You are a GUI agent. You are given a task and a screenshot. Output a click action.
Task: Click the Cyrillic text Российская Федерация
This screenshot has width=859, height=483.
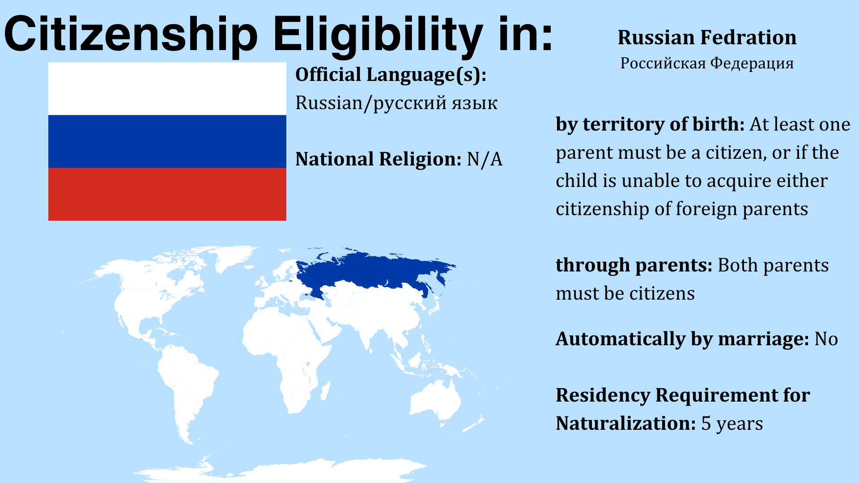click(x=707, y=63)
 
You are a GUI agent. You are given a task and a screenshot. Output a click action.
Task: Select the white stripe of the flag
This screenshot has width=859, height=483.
click(x=167, y=89)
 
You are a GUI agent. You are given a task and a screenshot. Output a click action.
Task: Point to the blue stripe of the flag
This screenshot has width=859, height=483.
click(x=167, y=141)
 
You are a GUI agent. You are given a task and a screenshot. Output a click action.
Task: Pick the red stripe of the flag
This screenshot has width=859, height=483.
click(x=167, y=194)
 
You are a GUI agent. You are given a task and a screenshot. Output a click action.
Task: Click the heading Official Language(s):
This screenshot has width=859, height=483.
click(x=391, y=75)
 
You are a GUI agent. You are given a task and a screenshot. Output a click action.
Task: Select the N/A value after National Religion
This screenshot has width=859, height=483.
click(x=485, y=159)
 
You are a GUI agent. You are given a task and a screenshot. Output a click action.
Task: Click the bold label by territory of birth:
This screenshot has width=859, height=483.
click(x=650, y=124)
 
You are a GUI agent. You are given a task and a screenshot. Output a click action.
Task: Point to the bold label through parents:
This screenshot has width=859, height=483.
click(x=634, y=266)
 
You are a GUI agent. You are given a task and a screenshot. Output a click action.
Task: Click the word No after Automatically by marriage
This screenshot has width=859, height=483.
click(x=826, y=339)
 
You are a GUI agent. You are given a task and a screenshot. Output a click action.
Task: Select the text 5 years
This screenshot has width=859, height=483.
click(x=732, y=424)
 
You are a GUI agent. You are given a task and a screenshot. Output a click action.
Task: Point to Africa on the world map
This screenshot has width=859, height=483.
click(x=286, y=353)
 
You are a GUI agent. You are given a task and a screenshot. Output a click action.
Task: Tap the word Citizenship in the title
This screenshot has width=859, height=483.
click(x=131, y=35)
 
